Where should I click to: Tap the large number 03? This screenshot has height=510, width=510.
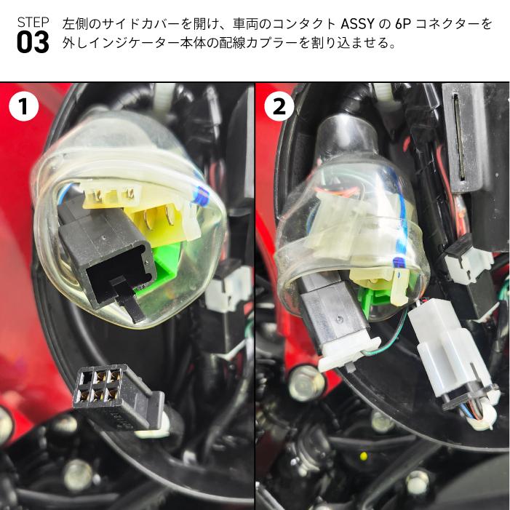tap(33, 43)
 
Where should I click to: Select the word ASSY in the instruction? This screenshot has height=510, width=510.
tap(357, 23)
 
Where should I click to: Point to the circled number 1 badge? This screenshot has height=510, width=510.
tap(23, 107)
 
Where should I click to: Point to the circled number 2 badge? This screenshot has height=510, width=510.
tap(278, 107)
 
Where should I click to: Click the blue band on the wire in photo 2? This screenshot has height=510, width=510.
tap(397, 260)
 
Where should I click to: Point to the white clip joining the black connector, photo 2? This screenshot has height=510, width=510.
tap(349, 353)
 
